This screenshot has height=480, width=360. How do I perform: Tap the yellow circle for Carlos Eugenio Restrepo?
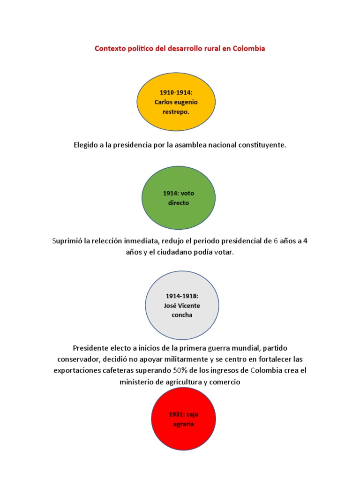click(176, 102)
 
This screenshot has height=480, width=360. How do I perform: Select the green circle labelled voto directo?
click(179, 198)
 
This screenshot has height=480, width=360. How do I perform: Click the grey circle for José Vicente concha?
click(182, 305)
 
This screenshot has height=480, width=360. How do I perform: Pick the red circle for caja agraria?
click(183, 419)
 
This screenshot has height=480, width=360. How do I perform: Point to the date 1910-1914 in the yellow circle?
click(176, 92)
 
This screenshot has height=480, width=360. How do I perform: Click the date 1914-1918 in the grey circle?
click(182, 296)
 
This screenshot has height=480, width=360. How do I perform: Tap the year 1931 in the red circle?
click(177, 414)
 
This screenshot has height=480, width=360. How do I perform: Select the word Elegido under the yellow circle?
click(86, 145)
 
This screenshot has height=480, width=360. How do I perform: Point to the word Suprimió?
click(67, 241)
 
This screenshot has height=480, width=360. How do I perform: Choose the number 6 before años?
click(276, 241)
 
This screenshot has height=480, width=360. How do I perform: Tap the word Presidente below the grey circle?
click(90, 348)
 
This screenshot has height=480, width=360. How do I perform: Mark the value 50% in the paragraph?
click(180, 370)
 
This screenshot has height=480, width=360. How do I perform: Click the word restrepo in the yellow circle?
click(176, 112)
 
